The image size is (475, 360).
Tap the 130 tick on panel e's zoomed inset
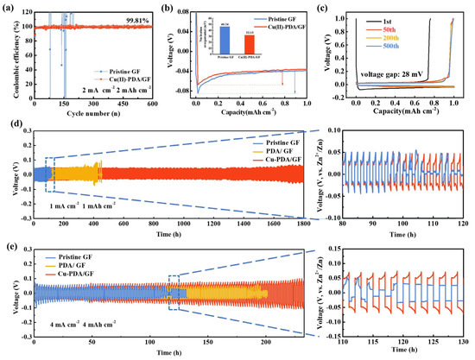click(466, 340)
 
